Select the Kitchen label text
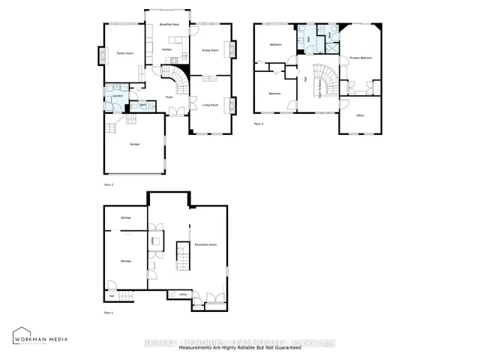click(x=166, y=49)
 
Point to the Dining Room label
click(x=210, y=50)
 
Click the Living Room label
click(x=209, y=105)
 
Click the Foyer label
click(x=170, y=97)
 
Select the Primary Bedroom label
click(x=360, y=58)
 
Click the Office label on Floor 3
click(x=360, y=115)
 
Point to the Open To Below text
click(x=320, y=82)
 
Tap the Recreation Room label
click(x=205, y=245)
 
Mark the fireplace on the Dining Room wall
click(x=233, y=49)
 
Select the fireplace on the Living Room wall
click(x=233, y=104)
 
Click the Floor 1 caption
click(x=108, y=312)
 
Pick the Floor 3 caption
click(x=259, y=123)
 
